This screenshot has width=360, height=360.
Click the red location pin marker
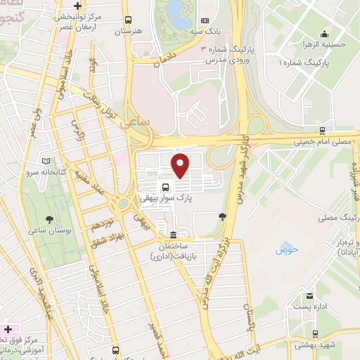coord(181,165)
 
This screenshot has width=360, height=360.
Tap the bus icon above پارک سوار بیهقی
coord(165,188)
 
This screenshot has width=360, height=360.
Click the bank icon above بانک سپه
coord(205,21)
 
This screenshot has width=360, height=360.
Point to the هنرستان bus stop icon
coord(127,21)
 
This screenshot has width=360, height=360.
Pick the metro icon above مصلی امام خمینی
coord(321,130)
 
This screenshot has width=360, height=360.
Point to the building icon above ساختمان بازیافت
coord(173,235)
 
